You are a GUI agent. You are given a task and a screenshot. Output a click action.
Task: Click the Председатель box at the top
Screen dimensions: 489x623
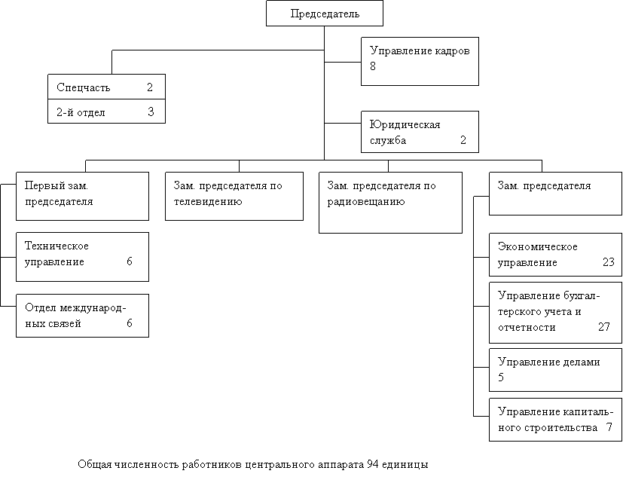(324, 14)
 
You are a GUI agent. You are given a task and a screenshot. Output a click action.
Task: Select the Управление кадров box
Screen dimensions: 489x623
(420, 60)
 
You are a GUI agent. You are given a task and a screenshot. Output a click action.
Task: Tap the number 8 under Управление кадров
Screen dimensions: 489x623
(373, 66)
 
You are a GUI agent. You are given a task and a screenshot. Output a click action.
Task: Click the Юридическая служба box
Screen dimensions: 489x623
(420, 132)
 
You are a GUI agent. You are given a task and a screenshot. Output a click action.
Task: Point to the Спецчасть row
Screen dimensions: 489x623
(105, 87)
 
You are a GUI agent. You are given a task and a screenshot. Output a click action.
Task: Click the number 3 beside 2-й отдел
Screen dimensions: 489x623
(151, 112)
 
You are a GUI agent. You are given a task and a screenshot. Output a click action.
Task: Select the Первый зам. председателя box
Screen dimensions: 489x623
(82, 196)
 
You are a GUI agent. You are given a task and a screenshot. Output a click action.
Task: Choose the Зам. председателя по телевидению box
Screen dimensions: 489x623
(234, 196)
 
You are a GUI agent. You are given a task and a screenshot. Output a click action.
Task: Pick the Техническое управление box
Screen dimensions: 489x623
(82, 256)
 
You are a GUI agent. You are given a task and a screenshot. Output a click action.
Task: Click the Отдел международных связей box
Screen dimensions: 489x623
(82, 315)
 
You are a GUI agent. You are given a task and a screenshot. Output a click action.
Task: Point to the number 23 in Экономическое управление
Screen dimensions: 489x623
(609, 263)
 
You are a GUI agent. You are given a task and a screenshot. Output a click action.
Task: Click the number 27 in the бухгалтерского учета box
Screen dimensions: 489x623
(604, 327)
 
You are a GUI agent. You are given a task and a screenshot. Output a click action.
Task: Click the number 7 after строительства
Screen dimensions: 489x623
(609, 428)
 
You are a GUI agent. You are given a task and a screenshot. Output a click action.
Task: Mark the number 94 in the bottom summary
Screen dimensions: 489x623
(372, 465)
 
